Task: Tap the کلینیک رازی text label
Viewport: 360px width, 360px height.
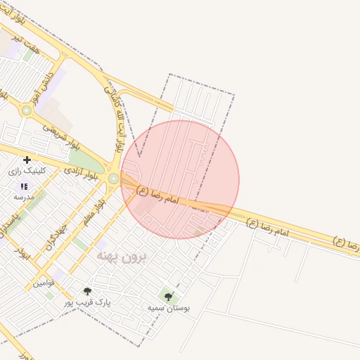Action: click(x=27, y=171)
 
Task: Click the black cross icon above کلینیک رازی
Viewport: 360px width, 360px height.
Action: click(x=27, y=160)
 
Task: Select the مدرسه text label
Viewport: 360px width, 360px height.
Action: click(x=23, y=198)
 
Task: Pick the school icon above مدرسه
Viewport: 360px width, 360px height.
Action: click(x=23, y=187)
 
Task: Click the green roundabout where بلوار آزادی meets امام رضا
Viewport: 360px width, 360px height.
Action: click(x=113, y=179)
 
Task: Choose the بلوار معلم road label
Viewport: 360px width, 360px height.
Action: click(x=92, y=212)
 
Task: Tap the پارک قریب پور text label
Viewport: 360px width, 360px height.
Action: click(x=88, y=302)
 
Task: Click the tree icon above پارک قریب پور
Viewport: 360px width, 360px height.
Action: click(x=87, y=291)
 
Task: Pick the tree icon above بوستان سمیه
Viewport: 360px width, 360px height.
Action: click(x=168, y=296)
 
